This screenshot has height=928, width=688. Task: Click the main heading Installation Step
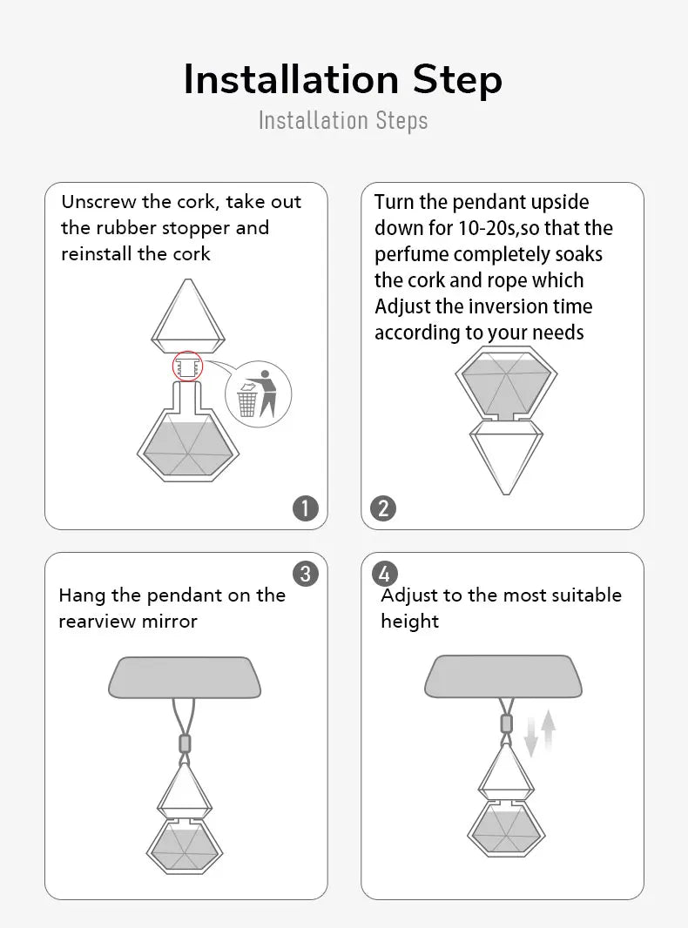[343, 80]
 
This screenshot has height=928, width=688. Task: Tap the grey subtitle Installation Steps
[343, 120]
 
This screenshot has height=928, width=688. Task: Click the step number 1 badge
[306, 508]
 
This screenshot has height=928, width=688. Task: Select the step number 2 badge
[383, 508]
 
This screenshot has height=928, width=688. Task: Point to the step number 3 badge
[306, 574]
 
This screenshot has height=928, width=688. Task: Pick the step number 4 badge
[384, 574]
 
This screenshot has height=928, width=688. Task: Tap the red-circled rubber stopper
[188, 367]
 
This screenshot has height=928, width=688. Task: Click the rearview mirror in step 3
[185, 677]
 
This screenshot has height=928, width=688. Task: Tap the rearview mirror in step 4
[503, 676]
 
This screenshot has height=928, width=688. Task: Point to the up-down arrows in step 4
[540, 733]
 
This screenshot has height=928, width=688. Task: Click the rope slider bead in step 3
[185, 743]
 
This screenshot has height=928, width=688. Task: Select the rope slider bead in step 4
[506, 723]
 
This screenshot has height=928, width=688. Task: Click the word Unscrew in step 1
[98, 202]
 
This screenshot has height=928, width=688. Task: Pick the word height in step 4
[409, 622]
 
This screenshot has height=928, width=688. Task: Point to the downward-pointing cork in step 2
[506, 456]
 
